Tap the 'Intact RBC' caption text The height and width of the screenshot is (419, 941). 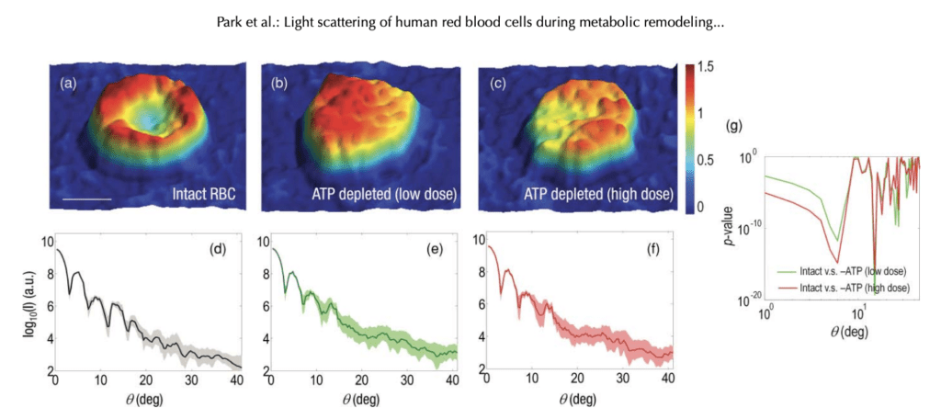[210, 195]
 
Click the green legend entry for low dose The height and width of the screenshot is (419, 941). [845, 271]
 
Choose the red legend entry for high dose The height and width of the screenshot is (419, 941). [845, 288]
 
